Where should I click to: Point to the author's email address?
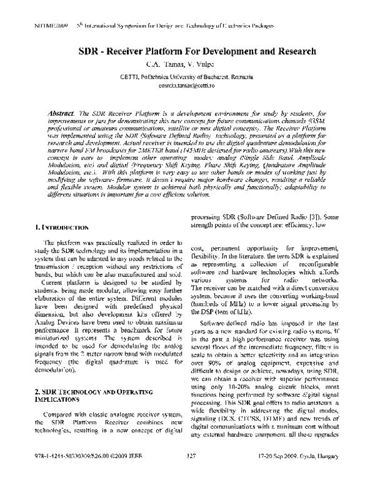[186, 84]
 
